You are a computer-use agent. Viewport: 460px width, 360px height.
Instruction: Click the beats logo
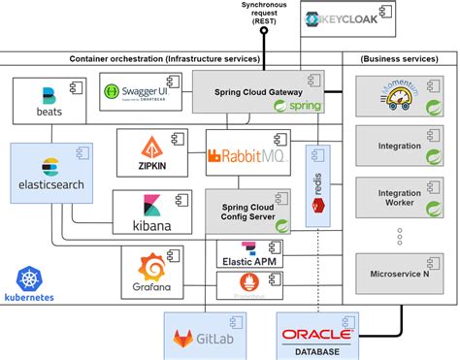coord(49,101)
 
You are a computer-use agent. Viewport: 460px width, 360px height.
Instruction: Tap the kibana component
coord(155,213)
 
